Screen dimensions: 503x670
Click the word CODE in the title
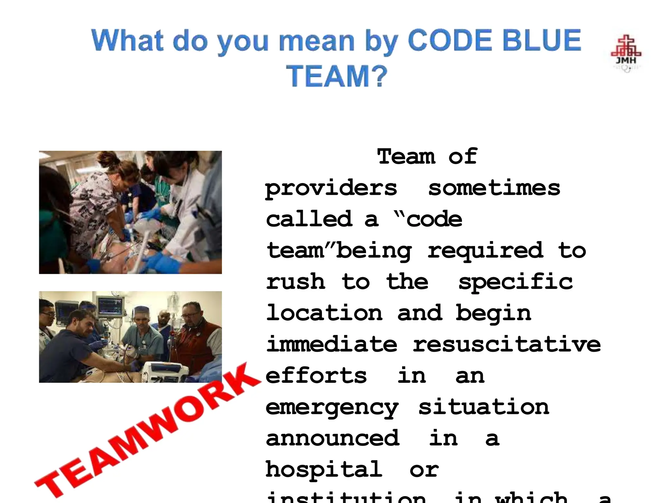tap(450, 41)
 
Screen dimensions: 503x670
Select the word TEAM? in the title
tap(337, 76)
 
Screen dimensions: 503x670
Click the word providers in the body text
tap(331, 189)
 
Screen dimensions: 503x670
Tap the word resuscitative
tap(506, 345)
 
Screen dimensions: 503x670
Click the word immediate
tap(332, 345)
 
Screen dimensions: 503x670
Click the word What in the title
tap(128, 41)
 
